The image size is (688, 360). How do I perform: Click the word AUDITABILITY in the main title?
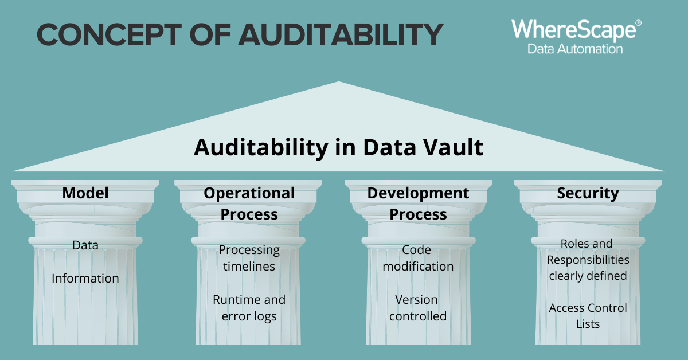click(341, 35)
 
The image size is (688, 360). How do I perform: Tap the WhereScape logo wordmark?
click(574, 30)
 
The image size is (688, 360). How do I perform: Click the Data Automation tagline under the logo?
click(575, 49)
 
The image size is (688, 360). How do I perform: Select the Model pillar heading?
click(85, 193)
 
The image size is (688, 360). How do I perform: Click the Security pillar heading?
click(588, 194)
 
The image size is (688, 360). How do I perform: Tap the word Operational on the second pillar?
click(249, 194)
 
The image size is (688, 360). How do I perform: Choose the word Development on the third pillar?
click(418, 194)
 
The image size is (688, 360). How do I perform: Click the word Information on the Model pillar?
click(85, 278)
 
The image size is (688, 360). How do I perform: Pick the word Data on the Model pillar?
click(85, 245)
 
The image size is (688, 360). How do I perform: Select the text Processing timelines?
click(249, 258)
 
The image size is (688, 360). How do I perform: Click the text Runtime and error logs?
click(249, 308)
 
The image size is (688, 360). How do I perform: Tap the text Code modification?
click(418, 258)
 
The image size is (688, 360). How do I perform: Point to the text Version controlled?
click(418, 308)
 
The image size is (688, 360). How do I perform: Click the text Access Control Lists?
click(588, 316)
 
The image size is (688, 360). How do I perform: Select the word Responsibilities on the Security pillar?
click(588, 260)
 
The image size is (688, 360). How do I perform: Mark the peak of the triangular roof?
click(339, 81)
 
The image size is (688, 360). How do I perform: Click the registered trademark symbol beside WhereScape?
click(638, 23)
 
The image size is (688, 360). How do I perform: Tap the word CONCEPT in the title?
click(109, 35)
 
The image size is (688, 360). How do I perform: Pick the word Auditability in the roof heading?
click(261, 148)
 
